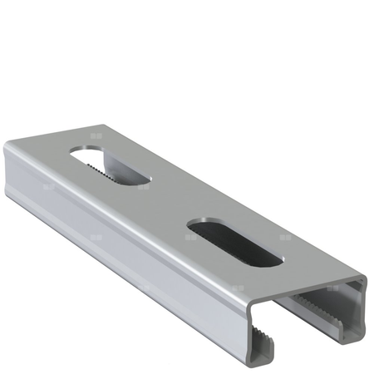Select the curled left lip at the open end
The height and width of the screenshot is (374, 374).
coord(259,349)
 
